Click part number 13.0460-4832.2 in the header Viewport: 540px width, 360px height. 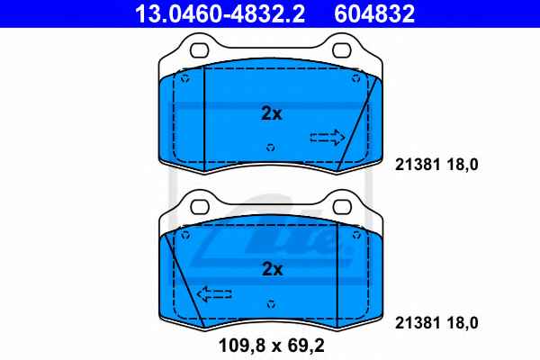click(x=220, y=13)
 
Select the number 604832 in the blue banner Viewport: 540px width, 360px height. click(x=374, y=13)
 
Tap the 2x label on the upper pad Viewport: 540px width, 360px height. click(x=272, y=113)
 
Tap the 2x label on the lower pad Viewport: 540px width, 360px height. click(x=272, y=269)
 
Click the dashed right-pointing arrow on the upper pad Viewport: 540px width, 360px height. click(x=328, y=138)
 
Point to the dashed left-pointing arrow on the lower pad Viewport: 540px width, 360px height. click(x=214, y=294)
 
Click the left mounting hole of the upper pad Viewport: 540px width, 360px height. click(x=200, y=50)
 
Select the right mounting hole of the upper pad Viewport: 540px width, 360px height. click(x=342, y=50)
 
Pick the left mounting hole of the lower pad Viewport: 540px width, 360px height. click(x=200, y=207)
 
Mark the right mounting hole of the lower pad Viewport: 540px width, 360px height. click(x=342, y=207)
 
